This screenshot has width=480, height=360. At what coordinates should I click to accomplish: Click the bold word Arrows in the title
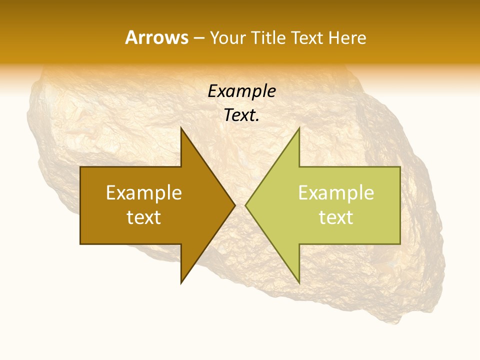coord(156,37)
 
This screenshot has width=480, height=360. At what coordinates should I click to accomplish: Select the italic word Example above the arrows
coord(241,91)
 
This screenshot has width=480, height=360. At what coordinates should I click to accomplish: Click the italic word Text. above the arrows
coord(241,115)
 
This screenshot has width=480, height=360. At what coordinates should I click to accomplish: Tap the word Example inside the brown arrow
coord(144,193)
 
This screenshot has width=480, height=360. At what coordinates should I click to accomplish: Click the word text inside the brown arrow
coord(144,217)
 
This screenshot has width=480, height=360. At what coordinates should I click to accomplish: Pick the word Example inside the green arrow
coord(336,193)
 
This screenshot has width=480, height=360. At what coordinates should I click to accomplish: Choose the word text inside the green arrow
coord(336,217)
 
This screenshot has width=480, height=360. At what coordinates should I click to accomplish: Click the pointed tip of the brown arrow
coord(234,205)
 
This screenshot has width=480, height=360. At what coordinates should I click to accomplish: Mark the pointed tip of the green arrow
coord(245,205)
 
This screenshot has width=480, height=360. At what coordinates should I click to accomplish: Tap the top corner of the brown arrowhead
coord(181,128)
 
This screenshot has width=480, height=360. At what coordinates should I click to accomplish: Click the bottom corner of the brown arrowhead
coord(181,283)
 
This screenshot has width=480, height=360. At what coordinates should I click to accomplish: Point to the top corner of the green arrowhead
coord(299,128)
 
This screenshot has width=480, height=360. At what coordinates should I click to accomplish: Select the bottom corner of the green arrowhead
coord(299,283)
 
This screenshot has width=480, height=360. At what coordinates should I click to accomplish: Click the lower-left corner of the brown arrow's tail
coord(81,243)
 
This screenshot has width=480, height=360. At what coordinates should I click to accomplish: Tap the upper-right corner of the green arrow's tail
coord(399,167)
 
